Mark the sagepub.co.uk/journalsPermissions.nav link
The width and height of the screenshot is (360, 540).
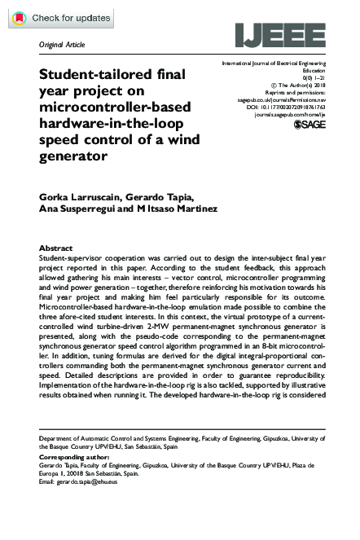pyautogui.click(x=284, y=99)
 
